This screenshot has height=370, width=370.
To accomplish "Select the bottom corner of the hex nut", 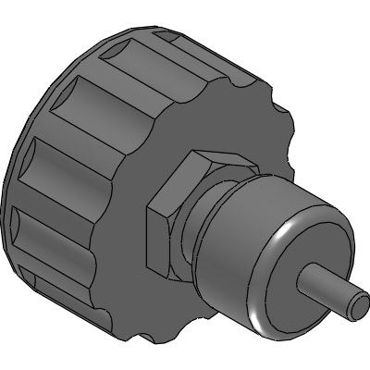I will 166,275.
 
